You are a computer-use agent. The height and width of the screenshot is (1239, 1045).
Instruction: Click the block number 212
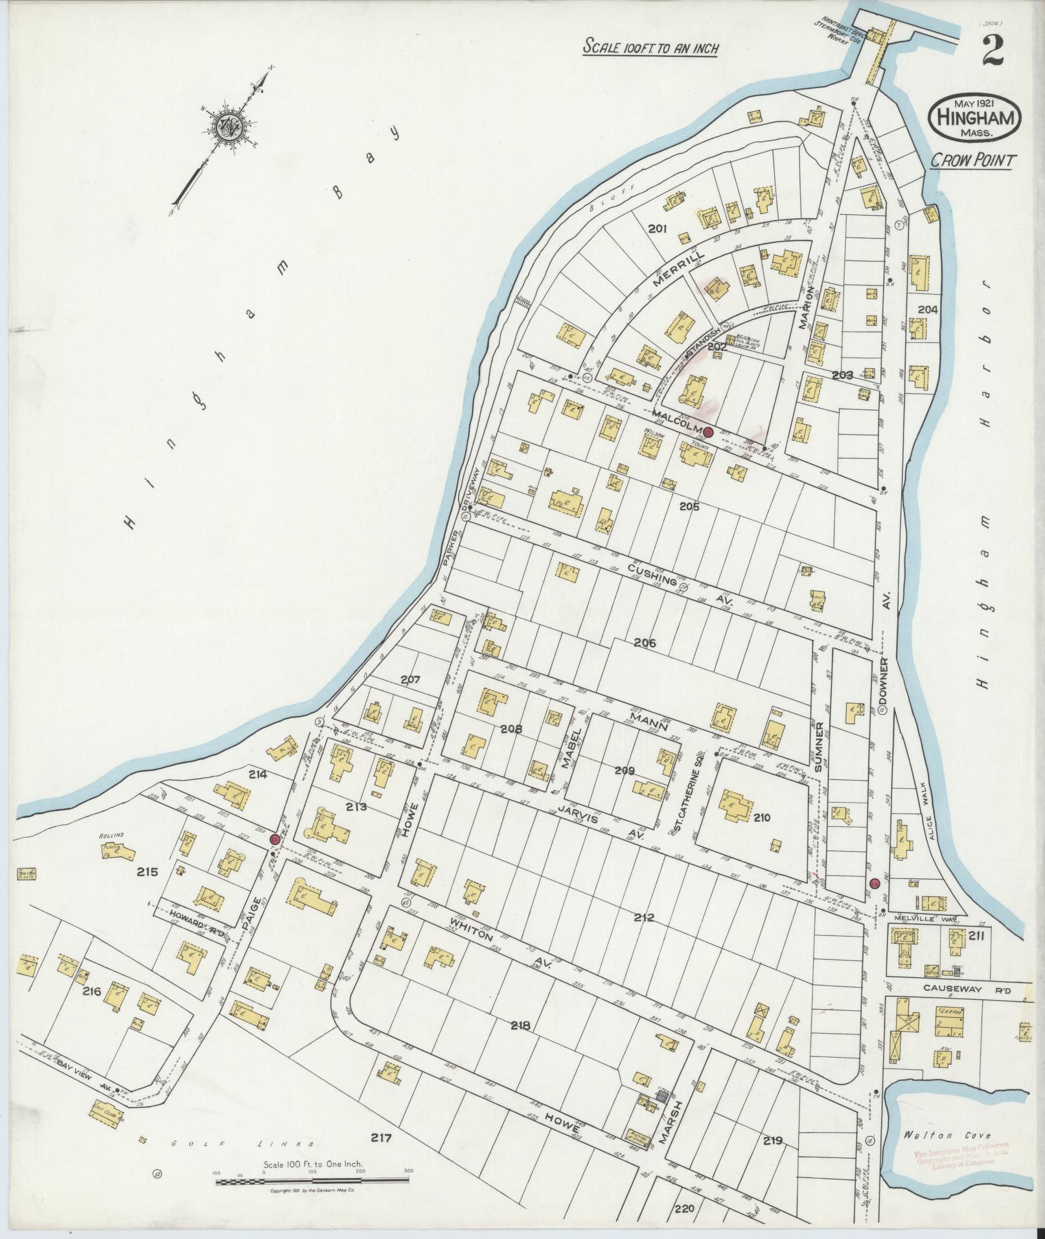click(x=645, y=918)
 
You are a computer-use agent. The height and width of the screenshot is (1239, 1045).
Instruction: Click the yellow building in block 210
click(x=734, y=806)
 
